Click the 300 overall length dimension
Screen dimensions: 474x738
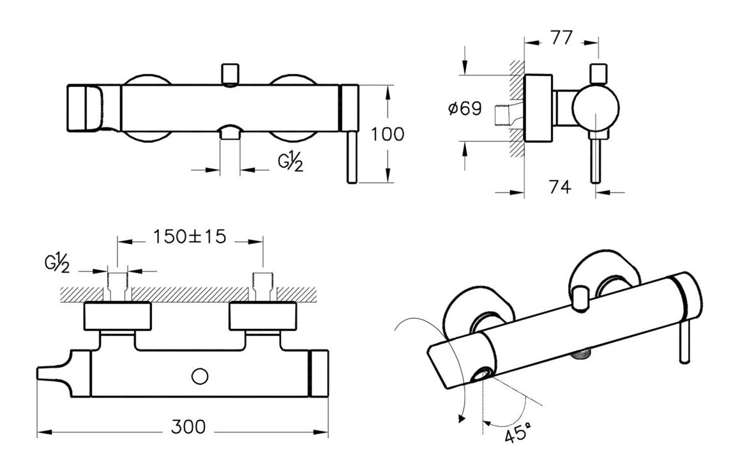188,427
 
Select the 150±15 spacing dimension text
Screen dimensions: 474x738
190,236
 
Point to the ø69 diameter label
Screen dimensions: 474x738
464,109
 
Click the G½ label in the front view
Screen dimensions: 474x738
290,162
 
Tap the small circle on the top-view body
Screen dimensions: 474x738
200,377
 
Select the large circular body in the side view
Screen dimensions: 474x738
595,109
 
